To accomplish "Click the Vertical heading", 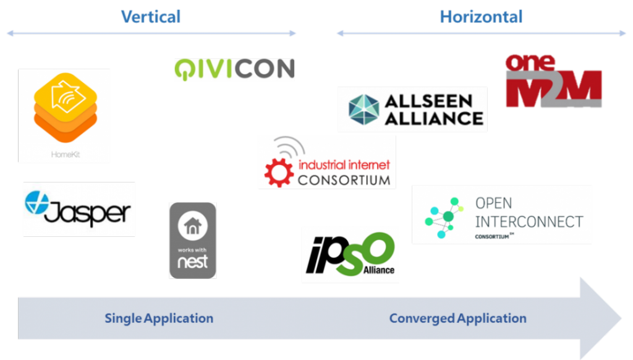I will (151, 16).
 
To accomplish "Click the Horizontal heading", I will (481, 16).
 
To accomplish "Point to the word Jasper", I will (87, 212).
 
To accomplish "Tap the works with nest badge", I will (193, 241).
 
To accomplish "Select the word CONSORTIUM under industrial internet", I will (344, 180).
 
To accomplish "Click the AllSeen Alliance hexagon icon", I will (363, 109).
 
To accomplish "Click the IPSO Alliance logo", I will (350, 254).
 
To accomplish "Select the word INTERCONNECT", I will (529, 221).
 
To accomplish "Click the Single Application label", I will (159, 319).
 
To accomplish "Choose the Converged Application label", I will (457, 319).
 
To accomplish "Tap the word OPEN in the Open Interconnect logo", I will (493, 203).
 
